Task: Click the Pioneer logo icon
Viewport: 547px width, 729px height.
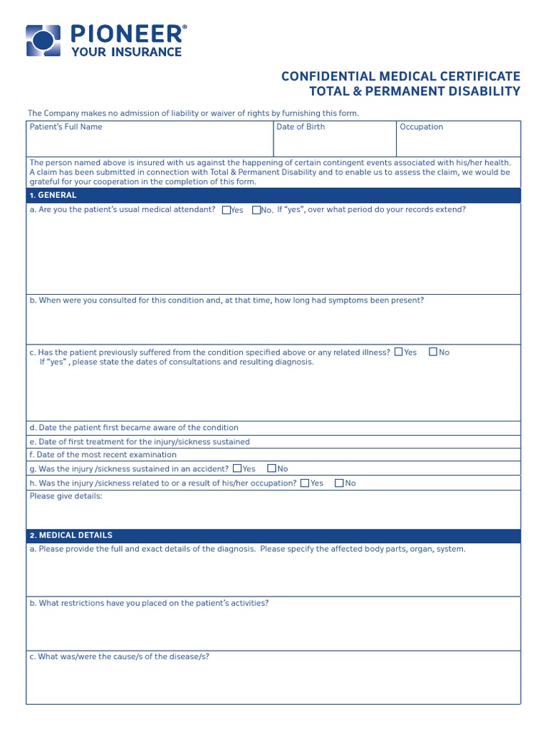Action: [x=43, y=40]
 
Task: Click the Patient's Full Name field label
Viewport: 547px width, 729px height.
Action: [x=66, y=127]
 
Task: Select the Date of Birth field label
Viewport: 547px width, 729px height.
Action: [x=301, y=127]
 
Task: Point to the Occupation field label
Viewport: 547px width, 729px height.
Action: [x=421, y=127]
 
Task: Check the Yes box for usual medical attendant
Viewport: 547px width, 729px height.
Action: [x=226, y=210]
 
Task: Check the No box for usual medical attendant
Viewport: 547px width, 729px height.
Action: [x=256, y=210]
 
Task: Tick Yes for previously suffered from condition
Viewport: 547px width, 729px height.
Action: [x=399, y=352]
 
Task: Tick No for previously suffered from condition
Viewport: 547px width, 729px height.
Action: [x=433, y=352]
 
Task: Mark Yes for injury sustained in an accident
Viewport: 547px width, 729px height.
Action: [x=237, y=468]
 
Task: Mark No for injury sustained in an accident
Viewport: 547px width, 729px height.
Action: [x=271, y=468]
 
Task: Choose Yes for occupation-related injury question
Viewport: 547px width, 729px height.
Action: [x=305, y=483]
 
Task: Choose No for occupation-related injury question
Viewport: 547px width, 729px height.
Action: [x=339, y=483]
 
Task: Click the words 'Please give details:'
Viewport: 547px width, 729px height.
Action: [x=66, y=496]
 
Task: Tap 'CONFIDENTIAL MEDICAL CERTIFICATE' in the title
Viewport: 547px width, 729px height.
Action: [x=400, y=76]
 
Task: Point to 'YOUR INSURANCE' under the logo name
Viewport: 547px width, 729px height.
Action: [x=126, y=51]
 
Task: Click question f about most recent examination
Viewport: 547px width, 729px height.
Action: [x=103, y=455]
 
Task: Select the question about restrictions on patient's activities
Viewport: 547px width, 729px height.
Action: [x=149, y=603]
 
